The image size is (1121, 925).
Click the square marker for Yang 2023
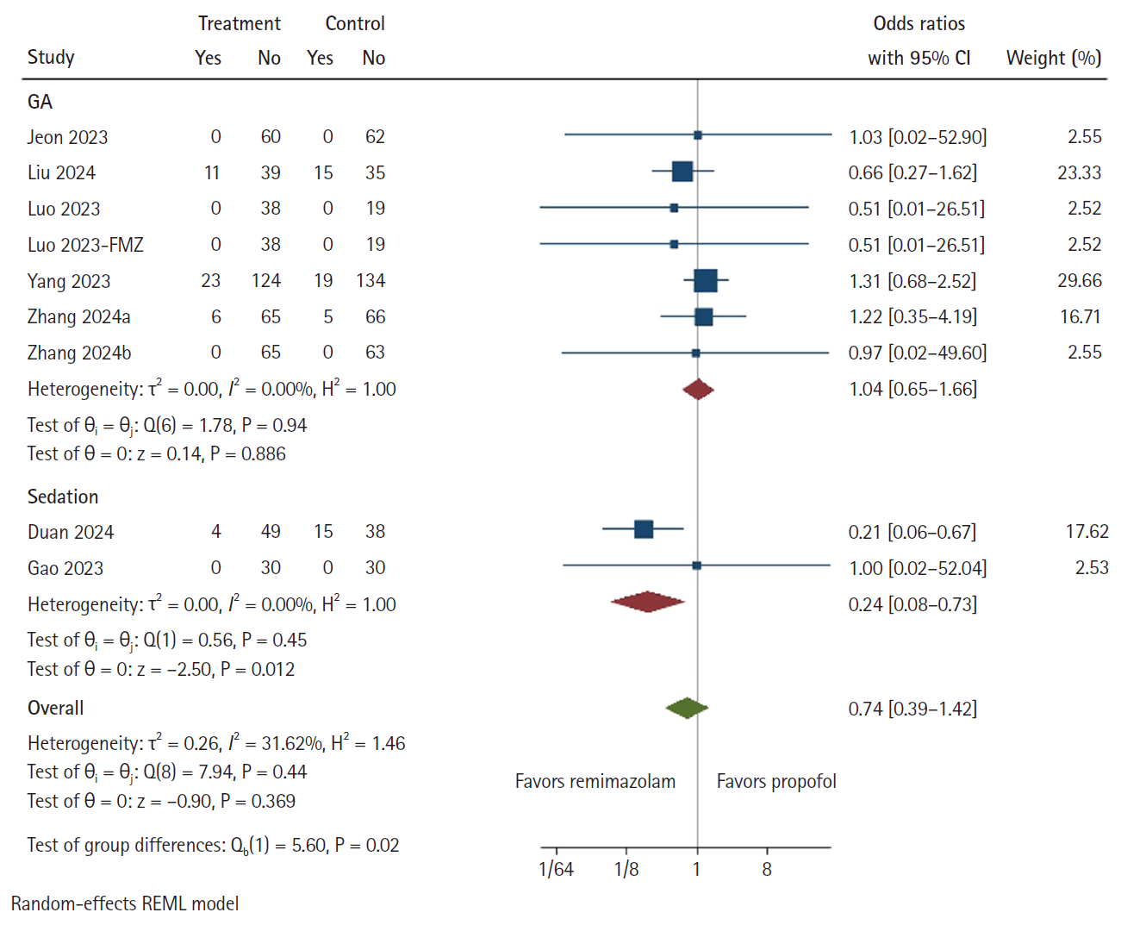(x=705, y=280)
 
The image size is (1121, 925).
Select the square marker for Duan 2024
(x=643, y=528)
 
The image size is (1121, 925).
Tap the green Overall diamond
(x=687, y=709)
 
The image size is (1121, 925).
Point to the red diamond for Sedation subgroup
(x=648, y=602)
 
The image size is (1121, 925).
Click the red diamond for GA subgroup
(x=698, y=390)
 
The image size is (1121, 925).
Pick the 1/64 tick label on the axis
(x=556, y=869)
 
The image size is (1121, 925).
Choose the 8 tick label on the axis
(x=767, y=869)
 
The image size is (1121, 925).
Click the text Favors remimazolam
(x=595, y=781)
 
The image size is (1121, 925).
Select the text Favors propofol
(x=776, y=781)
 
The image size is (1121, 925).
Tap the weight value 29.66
(x=1079, y=281)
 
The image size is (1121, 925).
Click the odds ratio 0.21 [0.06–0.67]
(x=912, y=532)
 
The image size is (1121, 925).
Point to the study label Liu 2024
(x=61, y=172)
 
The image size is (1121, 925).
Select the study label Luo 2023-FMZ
(x=85, y=245)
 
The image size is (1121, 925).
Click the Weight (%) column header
(x=1053, y=58)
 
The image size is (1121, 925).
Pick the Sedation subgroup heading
(x=63, y=497)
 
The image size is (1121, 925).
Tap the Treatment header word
(x=239, y=23)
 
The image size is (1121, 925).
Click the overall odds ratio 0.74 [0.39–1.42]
(x=912, y=709)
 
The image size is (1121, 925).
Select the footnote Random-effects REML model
(x=125, y=903)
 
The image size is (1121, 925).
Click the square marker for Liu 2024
(x=682, y=172)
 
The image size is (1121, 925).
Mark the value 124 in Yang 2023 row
(x=266, y=281)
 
